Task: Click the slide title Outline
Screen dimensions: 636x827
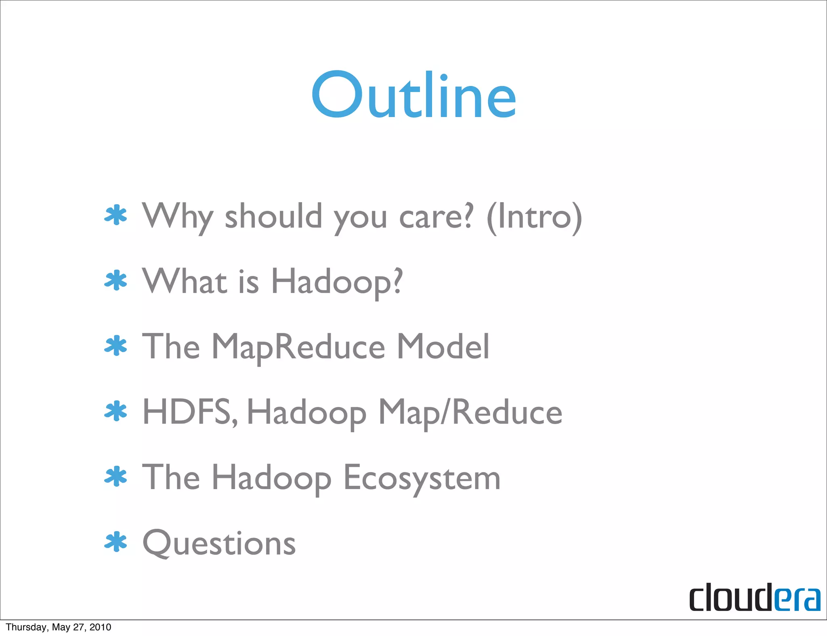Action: tap(414, 95)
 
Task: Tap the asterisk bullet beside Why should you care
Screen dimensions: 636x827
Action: tap(116, 215)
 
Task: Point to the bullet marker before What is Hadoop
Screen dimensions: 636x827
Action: tap(116, 280)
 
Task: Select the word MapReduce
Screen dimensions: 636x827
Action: tap(298, 347)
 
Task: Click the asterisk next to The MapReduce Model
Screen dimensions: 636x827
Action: tap(116, 346)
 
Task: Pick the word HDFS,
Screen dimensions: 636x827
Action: tap(190, 412)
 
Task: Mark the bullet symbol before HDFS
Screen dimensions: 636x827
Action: tap(116, 411)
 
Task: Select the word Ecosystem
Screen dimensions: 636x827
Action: tap(422, 478)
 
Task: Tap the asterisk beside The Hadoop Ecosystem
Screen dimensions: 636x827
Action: tap(116, 477)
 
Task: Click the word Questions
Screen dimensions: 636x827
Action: tap(219, 543)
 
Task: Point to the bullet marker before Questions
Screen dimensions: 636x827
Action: tap(116, 542)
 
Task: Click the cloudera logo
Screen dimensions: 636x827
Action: tap(754, 598)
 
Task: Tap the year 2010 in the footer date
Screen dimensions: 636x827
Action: tap(101, 627)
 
